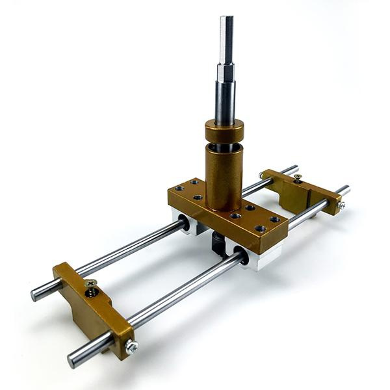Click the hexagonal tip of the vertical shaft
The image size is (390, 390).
[226, 39]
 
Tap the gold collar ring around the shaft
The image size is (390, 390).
[224, 131]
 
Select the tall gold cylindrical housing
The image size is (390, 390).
[224, 172]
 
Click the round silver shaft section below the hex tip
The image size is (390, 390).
[225, 97]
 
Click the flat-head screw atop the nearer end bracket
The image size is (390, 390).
[91, 284]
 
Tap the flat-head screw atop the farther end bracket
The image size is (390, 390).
[297, 177]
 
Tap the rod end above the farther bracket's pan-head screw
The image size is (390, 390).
[343, 190]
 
